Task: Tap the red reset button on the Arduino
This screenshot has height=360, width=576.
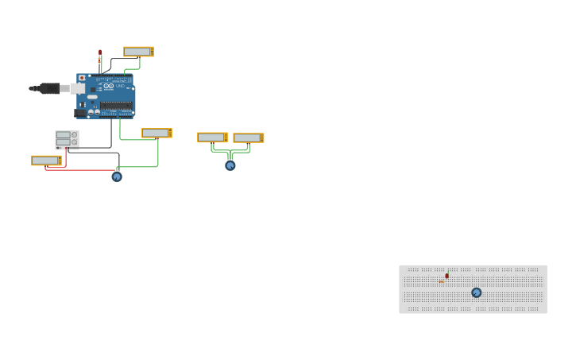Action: (x=82, y=78)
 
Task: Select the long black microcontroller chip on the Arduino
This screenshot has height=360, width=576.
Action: (x=116, y=105)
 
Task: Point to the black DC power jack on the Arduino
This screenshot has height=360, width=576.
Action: (x=80, y=113)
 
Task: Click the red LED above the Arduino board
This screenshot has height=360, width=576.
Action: (x=100, y=53)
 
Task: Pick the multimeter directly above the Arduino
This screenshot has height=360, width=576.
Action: (x=138, y=52)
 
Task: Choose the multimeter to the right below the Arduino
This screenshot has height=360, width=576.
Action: (x=157, y=133)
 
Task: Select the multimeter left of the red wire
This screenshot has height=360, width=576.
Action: (x=46, y=161)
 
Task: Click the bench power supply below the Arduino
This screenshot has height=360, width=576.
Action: (x=67, y=140)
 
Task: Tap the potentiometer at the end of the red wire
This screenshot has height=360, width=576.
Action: (x=117, y=176)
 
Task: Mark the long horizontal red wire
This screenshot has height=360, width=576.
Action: (x=79, y=170)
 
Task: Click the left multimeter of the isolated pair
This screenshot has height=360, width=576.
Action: (x=212, y=137)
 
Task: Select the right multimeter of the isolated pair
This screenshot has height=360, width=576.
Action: (x=248, y=137)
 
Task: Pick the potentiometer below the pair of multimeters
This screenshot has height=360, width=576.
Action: (x=230, y=165)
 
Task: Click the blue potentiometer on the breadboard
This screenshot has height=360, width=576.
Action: (x=477, y=292)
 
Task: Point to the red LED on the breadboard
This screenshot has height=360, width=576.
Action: (x=447, y=276)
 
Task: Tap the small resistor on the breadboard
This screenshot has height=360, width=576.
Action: (x=441, y=281)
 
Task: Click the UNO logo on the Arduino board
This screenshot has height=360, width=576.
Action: (x=120, y=86)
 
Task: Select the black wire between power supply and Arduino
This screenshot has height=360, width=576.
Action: (x=111, y=135)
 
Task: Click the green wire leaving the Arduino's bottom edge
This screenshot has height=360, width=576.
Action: (x=121, y=129)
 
